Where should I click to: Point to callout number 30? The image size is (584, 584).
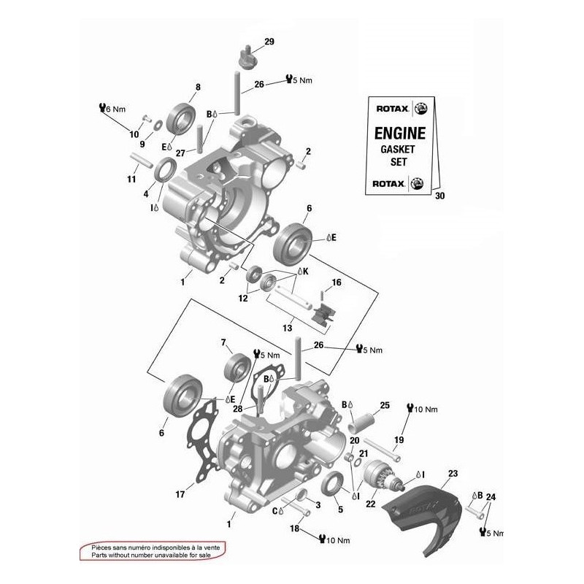tap(439, 196)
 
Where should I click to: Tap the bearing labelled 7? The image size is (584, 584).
tap(238, 366)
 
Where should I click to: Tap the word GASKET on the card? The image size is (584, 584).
tap(401, 149)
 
